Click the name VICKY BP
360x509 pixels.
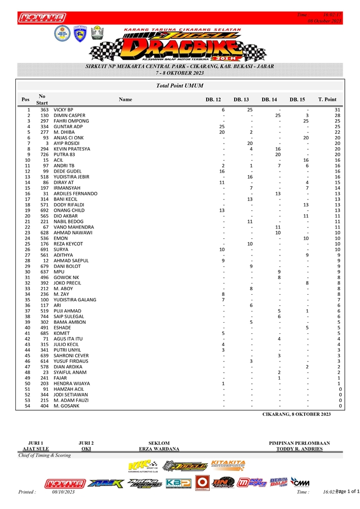click(64, 110)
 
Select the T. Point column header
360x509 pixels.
click(327, 99)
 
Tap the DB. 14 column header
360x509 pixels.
click(269, 99)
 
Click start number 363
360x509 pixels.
click(44, 110)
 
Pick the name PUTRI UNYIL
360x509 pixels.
click(68, 350)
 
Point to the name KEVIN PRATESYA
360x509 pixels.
click(72, 149)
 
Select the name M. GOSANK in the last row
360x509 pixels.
click(67, 406)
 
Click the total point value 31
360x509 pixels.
click(337, 110)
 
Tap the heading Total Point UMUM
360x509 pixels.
click(180, 86)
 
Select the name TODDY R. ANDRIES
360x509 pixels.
click(299, 449)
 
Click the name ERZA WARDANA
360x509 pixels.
click(159, 449)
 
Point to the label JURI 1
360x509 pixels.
click(36, 443)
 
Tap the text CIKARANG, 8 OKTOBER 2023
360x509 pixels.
click(296, 414)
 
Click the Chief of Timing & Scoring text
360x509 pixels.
click(45, 456)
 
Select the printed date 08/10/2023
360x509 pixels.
click(63, 492)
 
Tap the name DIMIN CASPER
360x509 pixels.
click(69, 116)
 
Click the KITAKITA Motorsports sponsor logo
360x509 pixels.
click(228, 465)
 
